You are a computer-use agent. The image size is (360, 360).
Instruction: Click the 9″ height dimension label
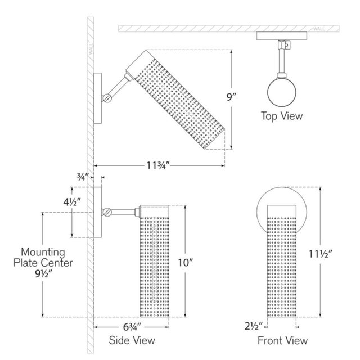(x=231, y=97)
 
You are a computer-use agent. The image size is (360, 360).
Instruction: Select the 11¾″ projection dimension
(x=158, y=165)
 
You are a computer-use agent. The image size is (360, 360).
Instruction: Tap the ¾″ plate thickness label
(x=83, y=177)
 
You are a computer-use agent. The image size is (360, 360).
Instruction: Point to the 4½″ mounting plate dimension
(x=72, y=202)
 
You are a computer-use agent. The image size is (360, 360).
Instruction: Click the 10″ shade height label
(x=186, y=263)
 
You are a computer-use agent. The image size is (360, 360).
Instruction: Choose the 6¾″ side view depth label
(x=132, y=327)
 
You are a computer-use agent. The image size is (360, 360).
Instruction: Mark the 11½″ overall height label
(x=321, y=254)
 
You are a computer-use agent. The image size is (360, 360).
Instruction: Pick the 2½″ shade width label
(x=254, y=326)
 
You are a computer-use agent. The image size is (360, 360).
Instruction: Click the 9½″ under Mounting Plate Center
(x=44, y=273)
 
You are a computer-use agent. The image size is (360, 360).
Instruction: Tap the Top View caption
(x=282, y=116)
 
